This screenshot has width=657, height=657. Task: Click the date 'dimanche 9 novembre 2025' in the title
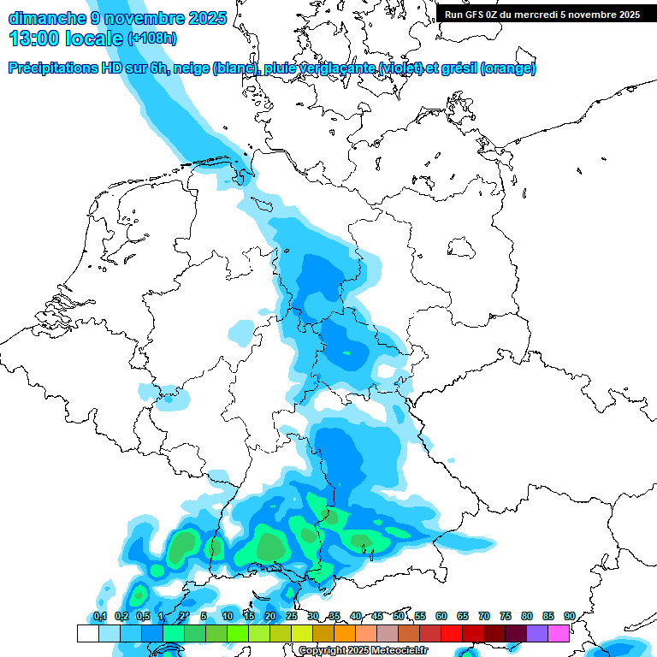(x=117, y=18)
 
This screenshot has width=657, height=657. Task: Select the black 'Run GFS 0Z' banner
(x=542, y=15)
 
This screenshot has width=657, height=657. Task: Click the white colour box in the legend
(x=87, y=633)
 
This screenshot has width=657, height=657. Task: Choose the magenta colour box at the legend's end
(x=559, y=633)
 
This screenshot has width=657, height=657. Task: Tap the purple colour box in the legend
(x=537, y=633)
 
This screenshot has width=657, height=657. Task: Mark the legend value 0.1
(x=100, y=616)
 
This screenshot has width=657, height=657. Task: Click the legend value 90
(x=570, y=616)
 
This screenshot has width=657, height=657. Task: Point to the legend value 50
(x=399, y=616)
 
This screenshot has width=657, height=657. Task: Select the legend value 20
(x=270, y=616)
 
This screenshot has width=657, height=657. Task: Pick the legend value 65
(x=463, y=616)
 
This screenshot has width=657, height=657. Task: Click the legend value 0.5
(x=143, y=616)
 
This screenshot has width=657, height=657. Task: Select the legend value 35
(x=334, y=616)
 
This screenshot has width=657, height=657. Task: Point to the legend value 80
(x=527, y=616)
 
